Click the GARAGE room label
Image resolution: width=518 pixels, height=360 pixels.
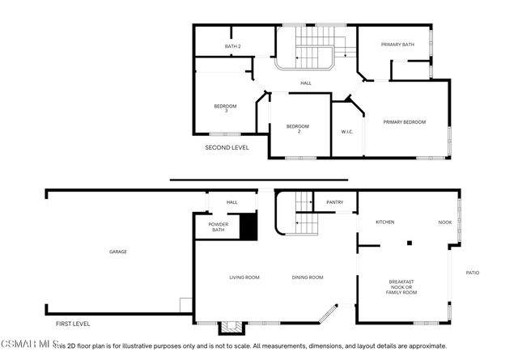pyautogui.click(x=118, y=252)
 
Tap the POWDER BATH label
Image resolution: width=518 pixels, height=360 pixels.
pyautogui.click(x=218, y=227)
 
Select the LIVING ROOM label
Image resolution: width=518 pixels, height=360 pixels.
pyautogui.click(x=244, y=277)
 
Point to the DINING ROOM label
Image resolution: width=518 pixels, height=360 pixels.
pyautogui.click(x=308, y=277)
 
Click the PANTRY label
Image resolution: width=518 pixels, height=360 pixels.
pyautogui.click(x=334, y=202)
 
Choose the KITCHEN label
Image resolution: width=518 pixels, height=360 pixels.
pyautogui.click(x=384, y=222)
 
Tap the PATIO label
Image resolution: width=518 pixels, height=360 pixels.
pyautogui.click(x=472, y=273)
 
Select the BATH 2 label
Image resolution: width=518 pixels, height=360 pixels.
pyautogui.click(x=233, y=46)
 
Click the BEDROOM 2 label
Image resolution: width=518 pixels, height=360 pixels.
pyautogui.click(x=299, y=128)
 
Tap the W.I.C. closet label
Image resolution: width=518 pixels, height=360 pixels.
pyautogui.click(x=347, y=130)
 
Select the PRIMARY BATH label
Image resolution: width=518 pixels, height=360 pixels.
pyautogui.click(x=398, y=44)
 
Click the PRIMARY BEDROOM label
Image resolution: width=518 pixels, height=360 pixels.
pyautogui.click(x=404, y=122)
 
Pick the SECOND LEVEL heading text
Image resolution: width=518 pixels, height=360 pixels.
pyautogui.click(x=227, y=148)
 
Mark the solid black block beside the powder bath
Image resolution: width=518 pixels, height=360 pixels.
pyautogui.click(x=248, y=226)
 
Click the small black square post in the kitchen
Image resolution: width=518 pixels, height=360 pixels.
pyautogui.click(x=410, y=242)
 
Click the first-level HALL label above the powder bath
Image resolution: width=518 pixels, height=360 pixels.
pyautogui.click(x=231, y=202)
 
